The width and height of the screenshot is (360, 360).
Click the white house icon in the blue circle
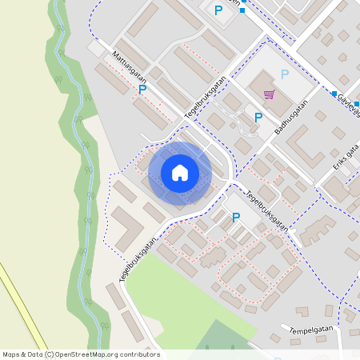(x=180, y=172)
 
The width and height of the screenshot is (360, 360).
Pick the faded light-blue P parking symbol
(x=284, y=75)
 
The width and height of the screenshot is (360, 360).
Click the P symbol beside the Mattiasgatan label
(x=142, y=90)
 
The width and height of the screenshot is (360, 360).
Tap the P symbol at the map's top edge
(x=218, y=10)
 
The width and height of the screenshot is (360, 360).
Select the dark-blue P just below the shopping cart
(x=258, y=118)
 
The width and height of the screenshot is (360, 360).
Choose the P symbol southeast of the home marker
(x=235, y=218)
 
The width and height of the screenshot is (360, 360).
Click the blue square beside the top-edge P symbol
(x=242, y=10)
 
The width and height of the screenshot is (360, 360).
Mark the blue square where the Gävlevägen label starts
(x=334, y=93)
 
